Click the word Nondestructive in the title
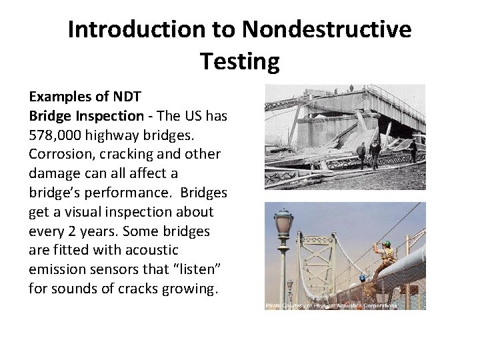[x=327, y=30]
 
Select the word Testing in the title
[x=239, y=61]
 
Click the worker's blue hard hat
[x=362, y=277]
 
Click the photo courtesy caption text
[x=331, y=305]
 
